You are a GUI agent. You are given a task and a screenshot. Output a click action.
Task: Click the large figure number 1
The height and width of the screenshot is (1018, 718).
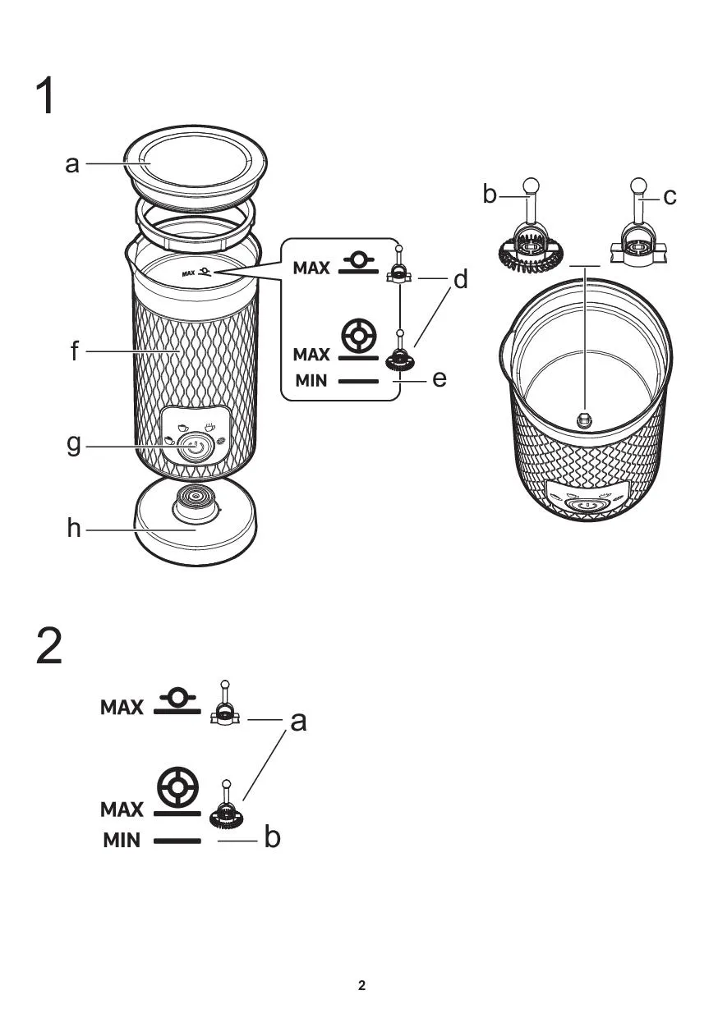46,96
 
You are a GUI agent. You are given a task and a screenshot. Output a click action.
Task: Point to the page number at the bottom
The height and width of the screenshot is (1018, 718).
361,985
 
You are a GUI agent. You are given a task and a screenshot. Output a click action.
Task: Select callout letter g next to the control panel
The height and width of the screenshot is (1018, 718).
74,445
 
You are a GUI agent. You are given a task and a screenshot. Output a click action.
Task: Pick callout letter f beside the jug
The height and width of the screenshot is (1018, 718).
75,351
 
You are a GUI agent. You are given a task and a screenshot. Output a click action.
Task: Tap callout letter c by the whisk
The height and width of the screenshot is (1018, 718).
670,196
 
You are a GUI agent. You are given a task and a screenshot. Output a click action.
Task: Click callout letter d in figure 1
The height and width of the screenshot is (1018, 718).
461,280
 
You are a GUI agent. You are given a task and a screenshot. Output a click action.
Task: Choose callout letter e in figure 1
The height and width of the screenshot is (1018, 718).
440,379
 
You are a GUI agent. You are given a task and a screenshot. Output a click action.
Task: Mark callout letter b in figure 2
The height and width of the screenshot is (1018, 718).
273,838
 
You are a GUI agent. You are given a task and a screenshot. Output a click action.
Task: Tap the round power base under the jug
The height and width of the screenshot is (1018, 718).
195,530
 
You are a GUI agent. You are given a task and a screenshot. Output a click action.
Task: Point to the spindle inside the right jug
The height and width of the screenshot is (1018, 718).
584,420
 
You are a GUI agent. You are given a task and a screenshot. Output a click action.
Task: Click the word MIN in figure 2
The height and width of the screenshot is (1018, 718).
122,841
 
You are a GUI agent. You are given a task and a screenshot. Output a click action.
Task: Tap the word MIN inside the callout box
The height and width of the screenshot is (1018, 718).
311,382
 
